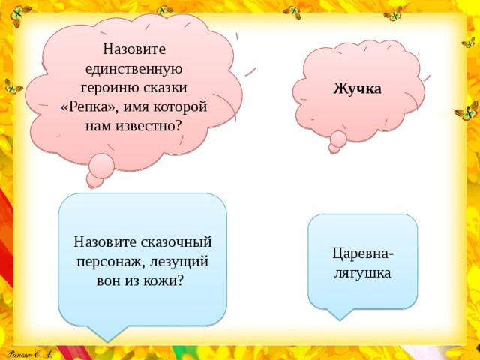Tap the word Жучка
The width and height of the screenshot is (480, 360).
click(358, 88)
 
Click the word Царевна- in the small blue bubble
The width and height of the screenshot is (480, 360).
click(363, 252)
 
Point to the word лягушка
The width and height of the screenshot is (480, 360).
click(363, 271)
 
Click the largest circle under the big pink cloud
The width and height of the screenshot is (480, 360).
click(101, 166)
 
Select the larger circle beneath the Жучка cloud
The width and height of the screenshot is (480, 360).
click(338, 139)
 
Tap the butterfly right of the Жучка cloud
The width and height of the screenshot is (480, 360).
click(466, 113)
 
